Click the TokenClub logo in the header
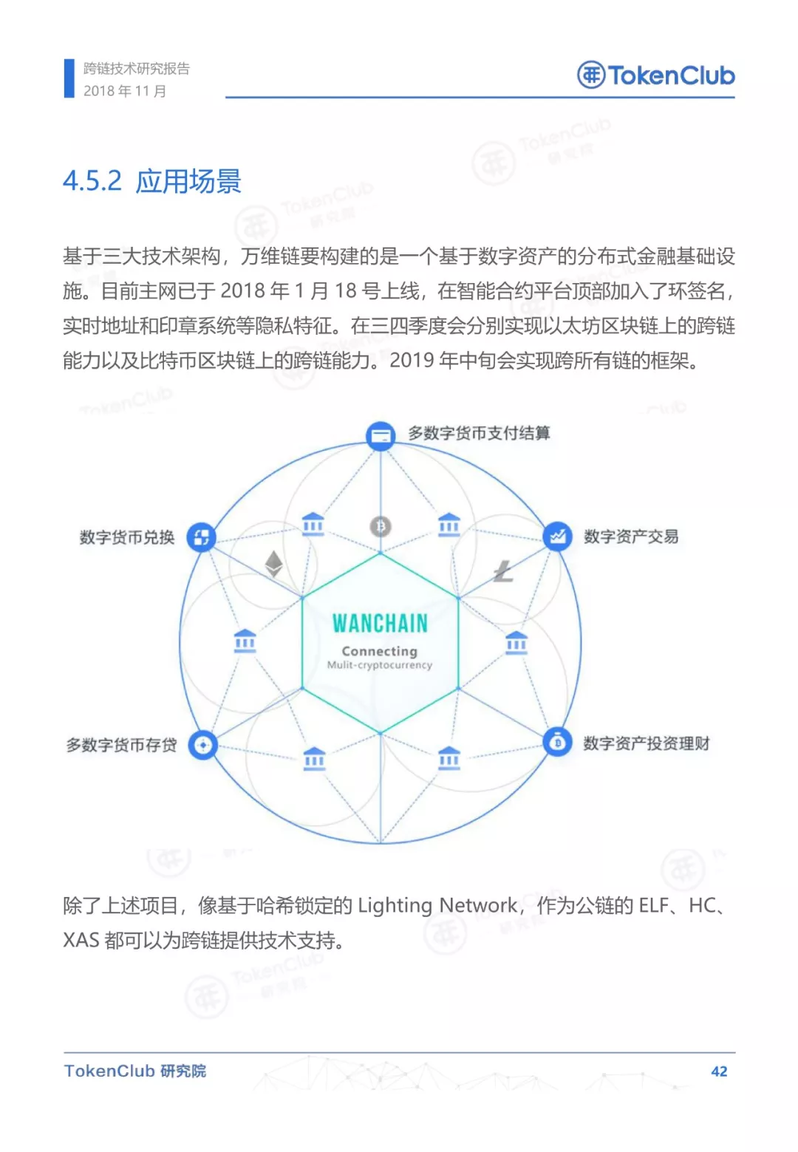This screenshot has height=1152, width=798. click(655, 75)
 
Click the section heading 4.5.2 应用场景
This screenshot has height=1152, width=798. click(152, 181)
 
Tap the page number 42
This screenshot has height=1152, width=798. click(719, 1071)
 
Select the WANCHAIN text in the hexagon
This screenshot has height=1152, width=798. click(380, 624)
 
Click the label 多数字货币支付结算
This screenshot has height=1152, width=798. click(480, 433)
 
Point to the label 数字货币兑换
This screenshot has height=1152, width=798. click(127, 537)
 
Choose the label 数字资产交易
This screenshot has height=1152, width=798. click(631, 536)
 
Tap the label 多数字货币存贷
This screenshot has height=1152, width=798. click(121, 745)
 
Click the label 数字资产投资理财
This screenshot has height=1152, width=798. click(647, 743)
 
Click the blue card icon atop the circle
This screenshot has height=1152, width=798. click(381, 436)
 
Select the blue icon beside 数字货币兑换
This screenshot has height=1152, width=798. click(201, 537)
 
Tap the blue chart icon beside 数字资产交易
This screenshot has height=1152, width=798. click(557, 536)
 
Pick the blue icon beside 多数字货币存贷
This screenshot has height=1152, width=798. click(202, 745)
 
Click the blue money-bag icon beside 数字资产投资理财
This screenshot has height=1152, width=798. click(557, 742)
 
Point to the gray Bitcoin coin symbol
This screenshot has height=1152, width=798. click(381, 527)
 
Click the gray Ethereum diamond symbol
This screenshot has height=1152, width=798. click(273, 564)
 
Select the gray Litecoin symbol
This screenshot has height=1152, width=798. click(503, 571)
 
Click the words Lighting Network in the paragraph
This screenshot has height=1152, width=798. click(437, 906)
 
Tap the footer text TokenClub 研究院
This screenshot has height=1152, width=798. click(134, 1071)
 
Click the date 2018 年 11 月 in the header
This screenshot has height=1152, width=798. click(125, 91)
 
